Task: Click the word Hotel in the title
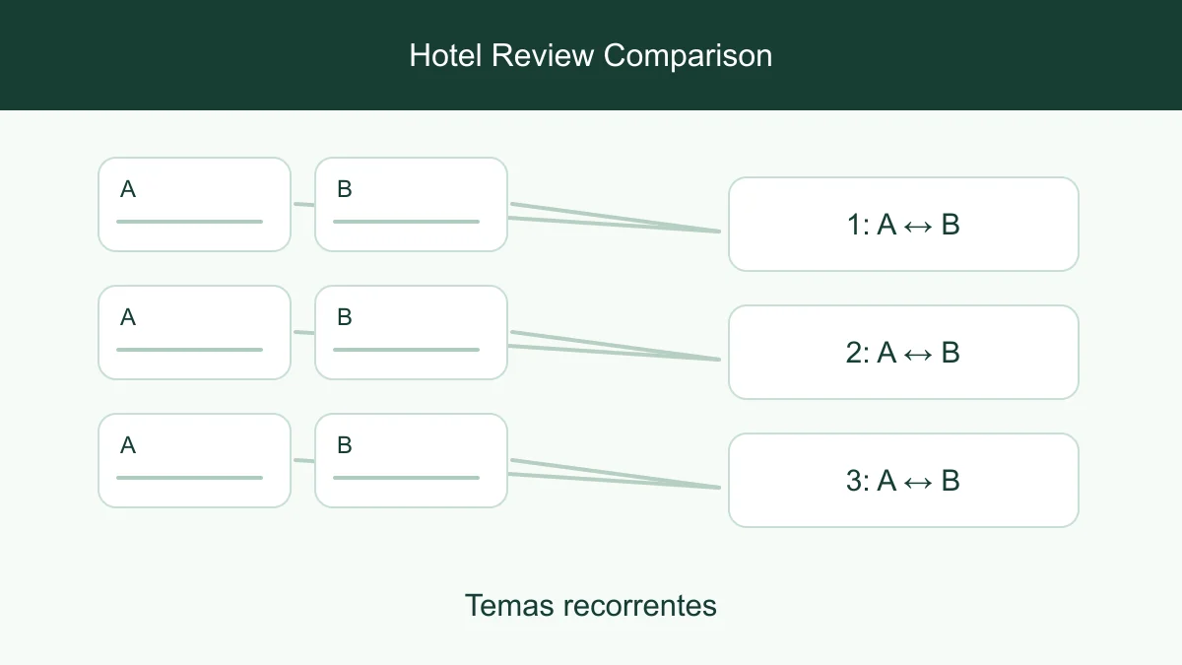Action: tap(445, 55)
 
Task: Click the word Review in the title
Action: tap(543, 55)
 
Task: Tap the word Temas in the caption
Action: tap(509, 605)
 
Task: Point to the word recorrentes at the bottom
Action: tap(640, 606)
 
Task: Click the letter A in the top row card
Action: tap(128, 189)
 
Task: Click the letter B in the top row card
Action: tap(344, 189)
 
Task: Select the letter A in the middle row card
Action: tap(128, 317)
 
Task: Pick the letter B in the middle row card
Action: tap(344, 317)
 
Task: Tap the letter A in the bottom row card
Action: tap(128, 445)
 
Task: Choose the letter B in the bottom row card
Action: tap(344, 445)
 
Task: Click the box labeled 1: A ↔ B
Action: tap(903, 225)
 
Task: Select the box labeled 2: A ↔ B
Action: tap(903, 353)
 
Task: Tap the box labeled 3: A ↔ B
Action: tap(903, 481)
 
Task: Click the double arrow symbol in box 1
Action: tap(918, 227)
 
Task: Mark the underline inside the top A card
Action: tap(189, 222)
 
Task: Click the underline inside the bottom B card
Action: tap(406, 478)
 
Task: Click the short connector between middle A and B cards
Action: tap(304, 333)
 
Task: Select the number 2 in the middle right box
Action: tap(853, 353)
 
